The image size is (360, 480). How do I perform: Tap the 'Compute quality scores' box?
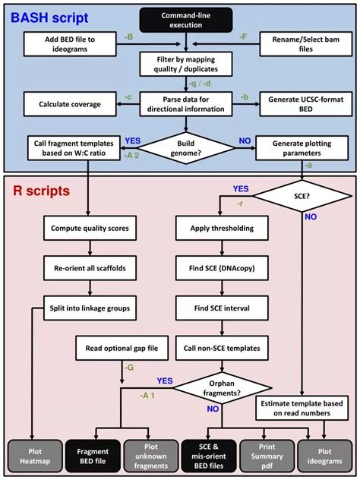click(x=89, y=228)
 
